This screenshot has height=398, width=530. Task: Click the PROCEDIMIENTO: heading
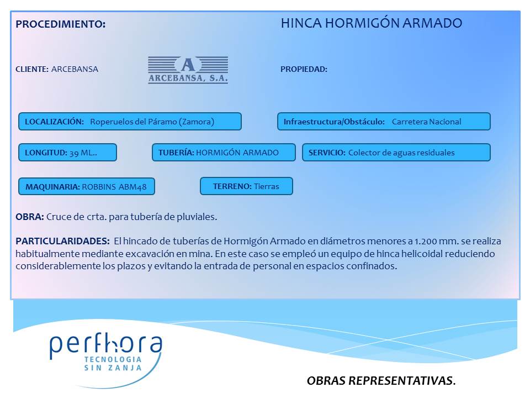(61, 24)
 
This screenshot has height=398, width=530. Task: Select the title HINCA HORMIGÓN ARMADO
(372, 23)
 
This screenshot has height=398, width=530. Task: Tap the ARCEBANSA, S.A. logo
(188, 70)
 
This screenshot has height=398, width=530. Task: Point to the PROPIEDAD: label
(304, 69)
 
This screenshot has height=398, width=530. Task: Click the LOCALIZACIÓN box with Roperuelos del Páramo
(130, 122)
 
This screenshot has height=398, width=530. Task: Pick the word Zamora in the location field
(198, 122)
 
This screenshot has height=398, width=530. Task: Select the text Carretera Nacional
(427, 122)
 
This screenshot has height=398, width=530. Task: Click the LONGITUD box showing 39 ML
(67, 153)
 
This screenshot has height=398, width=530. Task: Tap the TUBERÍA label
(176, 153)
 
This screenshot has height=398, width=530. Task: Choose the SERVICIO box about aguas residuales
(396, 153)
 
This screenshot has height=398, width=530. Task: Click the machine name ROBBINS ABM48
(114, 187)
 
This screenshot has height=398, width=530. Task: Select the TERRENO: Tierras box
(246, 186)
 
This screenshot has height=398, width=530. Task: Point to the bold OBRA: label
(30, 217)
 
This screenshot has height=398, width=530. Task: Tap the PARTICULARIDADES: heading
(62, 241)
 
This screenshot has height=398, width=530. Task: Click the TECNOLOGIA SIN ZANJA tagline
(113, 364)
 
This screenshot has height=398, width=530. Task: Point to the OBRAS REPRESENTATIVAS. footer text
(381, 380)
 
